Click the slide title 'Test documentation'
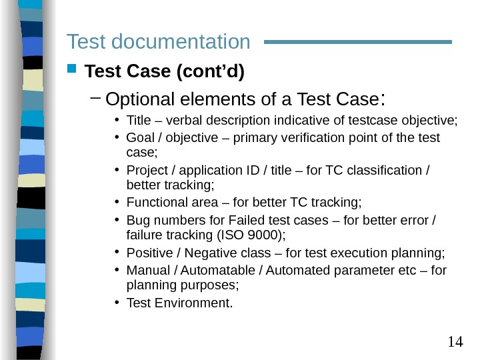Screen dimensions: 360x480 click(158, 42)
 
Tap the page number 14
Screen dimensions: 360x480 click(455, 342)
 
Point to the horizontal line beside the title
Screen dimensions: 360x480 click(358, 42)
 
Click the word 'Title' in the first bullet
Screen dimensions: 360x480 click(139, 121)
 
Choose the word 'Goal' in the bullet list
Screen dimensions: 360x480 click(140, 138)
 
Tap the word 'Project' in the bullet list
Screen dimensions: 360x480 click(146, 170)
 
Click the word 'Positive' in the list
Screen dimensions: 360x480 click(147, 253)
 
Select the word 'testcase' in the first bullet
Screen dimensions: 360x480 click(357, 121)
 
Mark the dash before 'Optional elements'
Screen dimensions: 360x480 click(95, 99)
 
